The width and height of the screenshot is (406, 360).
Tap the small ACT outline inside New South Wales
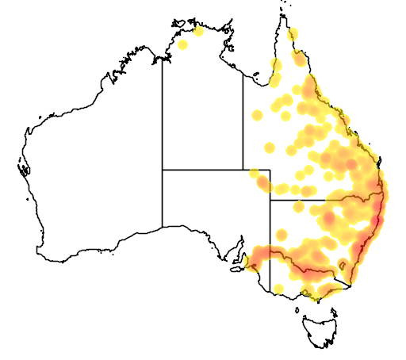[343, 265]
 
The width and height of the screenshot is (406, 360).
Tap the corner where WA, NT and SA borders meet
[163, 169]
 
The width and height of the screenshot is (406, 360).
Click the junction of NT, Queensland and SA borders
[243, 169]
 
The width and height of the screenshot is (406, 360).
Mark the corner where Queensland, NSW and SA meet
[270, 200]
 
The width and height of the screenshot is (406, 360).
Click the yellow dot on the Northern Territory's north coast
[198, 32]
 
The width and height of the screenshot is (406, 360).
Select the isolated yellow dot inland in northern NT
[183, 44]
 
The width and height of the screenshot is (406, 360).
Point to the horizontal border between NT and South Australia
[202, 169]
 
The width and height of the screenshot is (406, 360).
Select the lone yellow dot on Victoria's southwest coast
[278, 288]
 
